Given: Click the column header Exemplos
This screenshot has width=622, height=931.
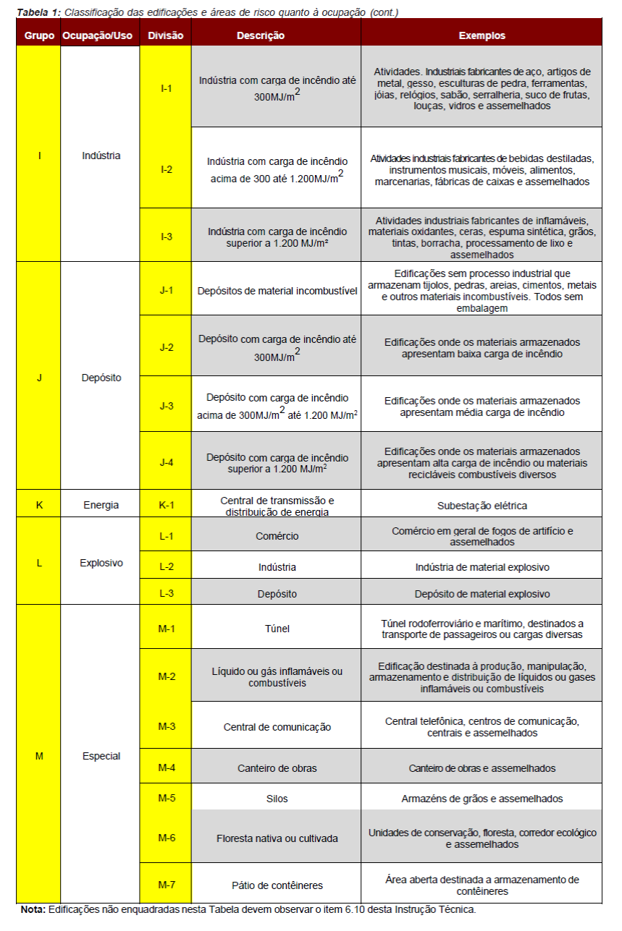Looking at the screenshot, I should tap(482, 35).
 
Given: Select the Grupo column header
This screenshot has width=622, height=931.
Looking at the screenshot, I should tap(39, 35).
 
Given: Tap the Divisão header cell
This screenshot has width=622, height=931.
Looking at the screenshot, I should tap(166, 35).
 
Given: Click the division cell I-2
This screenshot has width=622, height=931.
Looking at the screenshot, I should tap(166, 169).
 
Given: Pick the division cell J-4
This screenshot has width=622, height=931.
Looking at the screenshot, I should tap(166, 461).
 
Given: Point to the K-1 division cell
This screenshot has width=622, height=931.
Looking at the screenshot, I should tap(166, 505).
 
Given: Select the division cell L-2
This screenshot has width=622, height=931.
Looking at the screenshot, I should tap(166, 567).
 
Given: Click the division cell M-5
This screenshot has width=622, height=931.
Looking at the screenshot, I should tap(166, 798).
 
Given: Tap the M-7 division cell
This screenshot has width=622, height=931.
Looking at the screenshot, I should tap(166, 885).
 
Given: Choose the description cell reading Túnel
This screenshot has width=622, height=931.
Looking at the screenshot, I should tap(276, 629).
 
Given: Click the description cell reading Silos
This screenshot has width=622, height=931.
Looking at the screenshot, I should tap(277, 799).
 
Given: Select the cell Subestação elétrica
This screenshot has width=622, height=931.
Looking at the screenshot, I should tap(482, 506).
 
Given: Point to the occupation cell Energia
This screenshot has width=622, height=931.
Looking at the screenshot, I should tap(101, 505).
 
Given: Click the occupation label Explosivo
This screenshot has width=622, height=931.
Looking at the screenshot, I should tap(101, 562).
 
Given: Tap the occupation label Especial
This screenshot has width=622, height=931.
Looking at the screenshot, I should tap(101, 756).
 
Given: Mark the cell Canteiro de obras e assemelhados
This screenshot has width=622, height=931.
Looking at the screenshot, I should tap(482, 768).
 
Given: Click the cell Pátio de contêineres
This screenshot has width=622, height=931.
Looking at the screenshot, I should tap(277, 885).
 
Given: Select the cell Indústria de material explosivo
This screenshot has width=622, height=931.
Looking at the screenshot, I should tap(482, 567).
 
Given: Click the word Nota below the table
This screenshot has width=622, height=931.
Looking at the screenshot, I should tap(32, 910).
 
